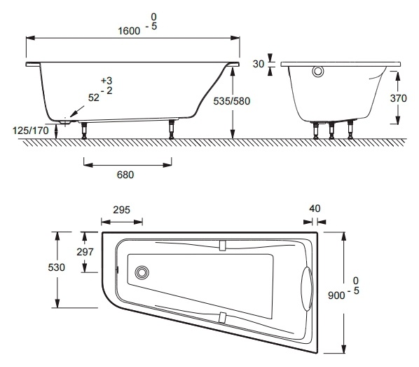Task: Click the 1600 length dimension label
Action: tap(129, 31)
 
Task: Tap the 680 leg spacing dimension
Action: tap(125, 175)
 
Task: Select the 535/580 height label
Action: tap(232, 101)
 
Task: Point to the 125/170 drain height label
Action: tap(31, 131)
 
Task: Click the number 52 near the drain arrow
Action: tap(94, 98)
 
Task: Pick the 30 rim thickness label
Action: tap(259, 64)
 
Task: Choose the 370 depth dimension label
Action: tap(399, 98)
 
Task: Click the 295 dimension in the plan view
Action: tap(122, 210)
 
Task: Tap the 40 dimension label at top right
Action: tap(315, 208)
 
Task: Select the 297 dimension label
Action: tap(85, 252)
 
